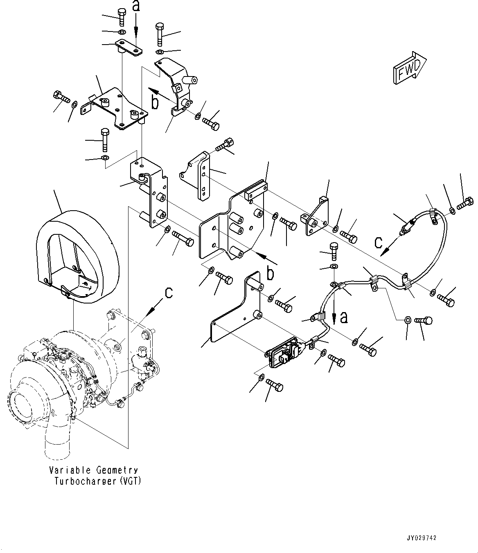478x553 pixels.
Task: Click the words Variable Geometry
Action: click(93, 470)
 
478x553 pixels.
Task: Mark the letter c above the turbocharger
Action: click(169, 293)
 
